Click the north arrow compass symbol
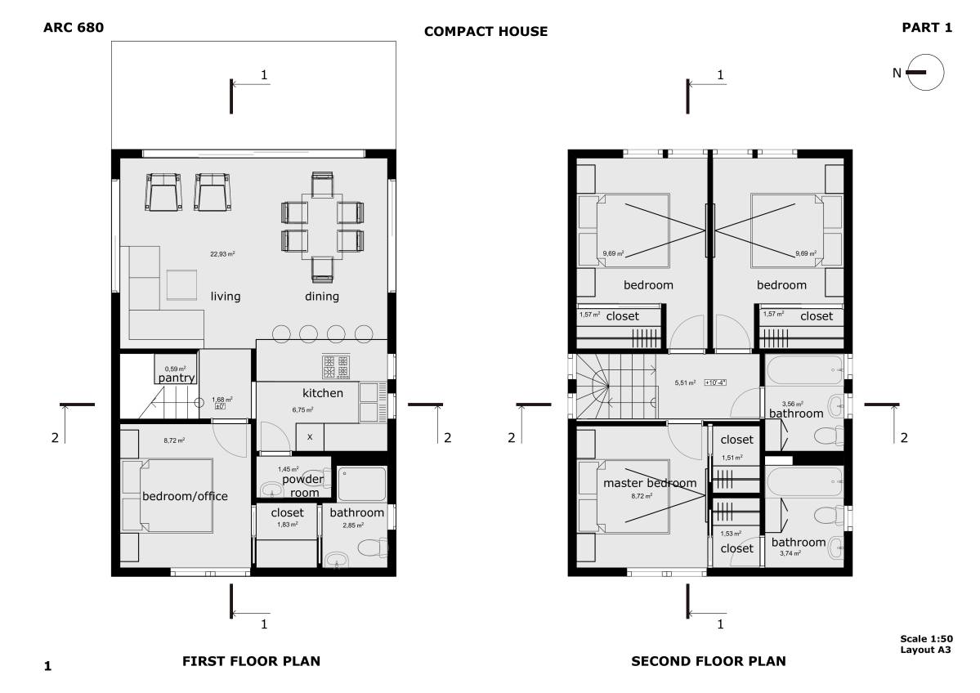pos(925,72)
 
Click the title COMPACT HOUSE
pos(486,32)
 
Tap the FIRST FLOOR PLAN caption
pos(250,661)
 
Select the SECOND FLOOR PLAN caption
pos(708,661)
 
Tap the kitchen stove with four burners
pos(336,367)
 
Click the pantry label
pos(176,378)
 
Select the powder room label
pos(302,485)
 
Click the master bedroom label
pos(650,483)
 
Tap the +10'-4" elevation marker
pos(715,382)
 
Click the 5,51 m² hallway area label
pos(684,382)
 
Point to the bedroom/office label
pos(185,496)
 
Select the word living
pos(226,296)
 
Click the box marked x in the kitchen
pos(309,436)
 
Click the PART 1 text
pos(927,28)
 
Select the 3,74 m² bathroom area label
pos(790,553)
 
